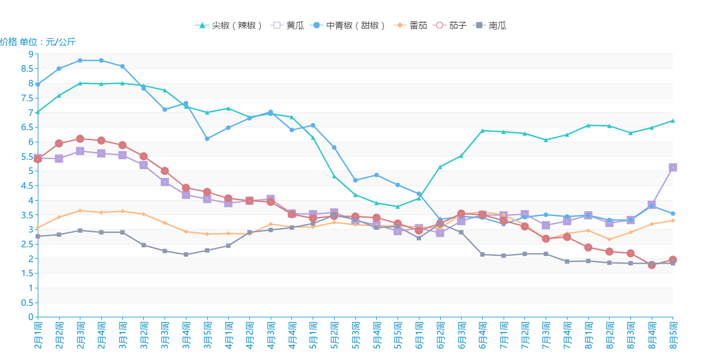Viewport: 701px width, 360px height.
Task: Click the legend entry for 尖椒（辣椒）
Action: (230, 25)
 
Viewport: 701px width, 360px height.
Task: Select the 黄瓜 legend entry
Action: (288, 25)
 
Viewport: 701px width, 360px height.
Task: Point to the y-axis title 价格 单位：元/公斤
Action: (38, 42)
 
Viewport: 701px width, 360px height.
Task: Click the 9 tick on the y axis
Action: (31, 54)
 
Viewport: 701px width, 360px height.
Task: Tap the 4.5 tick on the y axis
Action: (28, 185)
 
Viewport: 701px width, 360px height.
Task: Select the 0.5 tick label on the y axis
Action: (28, 303)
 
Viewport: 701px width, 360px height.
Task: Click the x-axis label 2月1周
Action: (38, 335)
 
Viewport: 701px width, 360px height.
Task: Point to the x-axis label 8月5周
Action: (673, 335)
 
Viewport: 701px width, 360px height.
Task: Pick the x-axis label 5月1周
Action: (313, 335)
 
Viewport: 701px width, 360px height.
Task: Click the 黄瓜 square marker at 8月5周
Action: (673, 167)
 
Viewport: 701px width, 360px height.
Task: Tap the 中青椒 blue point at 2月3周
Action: (80, 60)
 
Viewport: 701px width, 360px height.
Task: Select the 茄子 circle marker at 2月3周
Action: (80, 139)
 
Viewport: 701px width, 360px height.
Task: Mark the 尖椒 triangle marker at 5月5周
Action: (398, 207)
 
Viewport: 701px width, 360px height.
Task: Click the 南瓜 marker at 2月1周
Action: (38, 236)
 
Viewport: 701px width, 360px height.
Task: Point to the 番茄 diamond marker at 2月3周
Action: (80, 211)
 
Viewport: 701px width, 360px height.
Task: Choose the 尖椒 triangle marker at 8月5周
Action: (673, 120)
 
